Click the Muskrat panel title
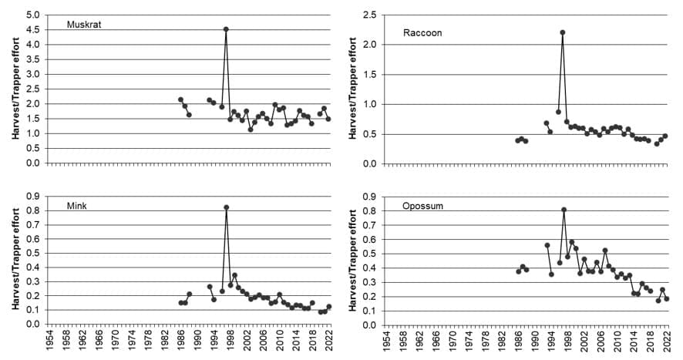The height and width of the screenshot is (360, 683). [x=84, y=25]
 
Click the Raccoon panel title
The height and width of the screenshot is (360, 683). [x=422, y=32]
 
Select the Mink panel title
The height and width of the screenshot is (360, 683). [x=78, y=205]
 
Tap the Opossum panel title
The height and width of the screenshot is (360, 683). [x=422, y=206]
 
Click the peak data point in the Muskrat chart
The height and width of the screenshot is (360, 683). [x=226, y=29]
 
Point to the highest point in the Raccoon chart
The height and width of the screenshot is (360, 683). [x=563, y=32]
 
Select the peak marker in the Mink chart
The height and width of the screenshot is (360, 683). [x=226, y=207]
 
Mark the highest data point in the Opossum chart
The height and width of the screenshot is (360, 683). [x=564, y=210]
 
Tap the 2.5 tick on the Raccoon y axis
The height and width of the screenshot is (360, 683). [x=370, y=15]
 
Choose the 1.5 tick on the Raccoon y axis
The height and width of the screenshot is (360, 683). [x=370, y=75]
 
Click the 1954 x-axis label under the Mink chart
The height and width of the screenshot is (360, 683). [x=50, y=345]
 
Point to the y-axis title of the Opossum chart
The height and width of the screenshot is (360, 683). [x=352, y=261]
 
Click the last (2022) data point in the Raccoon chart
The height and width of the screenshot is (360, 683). [x=665, y=136]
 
